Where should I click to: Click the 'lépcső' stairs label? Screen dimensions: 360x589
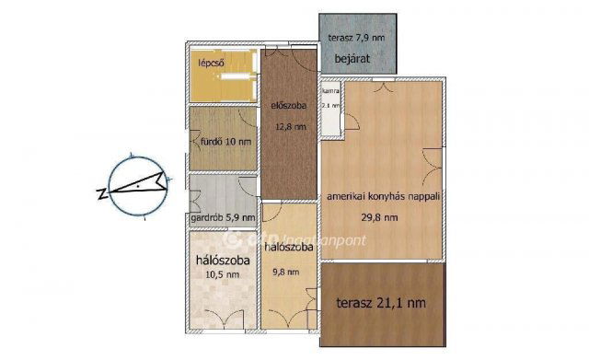tap(213, 64)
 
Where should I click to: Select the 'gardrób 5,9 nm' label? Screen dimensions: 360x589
tap(222, 218)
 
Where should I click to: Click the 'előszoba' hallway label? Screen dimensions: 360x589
tap(288, 105)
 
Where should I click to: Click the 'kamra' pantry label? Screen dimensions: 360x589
tap(331, 91)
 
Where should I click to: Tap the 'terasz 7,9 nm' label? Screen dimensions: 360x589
tap(356, 38)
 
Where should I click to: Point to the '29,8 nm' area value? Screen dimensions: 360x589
tap(378, 218)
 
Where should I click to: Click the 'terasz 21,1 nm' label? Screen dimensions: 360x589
tap(380, 301)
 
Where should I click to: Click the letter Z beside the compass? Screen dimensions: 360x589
tap(100, 193)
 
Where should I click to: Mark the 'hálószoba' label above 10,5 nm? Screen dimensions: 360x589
tap(224, 260)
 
